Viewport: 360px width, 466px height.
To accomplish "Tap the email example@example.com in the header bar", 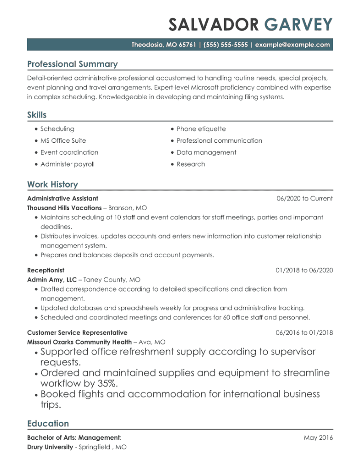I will (292, 45).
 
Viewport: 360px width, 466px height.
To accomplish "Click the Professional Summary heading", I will (72, 64).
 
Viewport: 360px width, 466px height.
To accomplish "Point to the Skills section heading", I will (37, 115).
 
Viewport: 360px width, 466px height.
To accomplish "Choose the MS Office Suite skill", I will (63, 140).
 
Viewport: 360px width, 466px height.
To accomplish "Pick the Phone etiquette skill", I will (201, 129).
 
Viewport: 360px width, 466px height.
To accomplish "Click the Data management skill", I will (206, 152).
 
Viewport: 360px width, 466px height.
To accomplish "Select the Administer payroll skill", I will (67, 164).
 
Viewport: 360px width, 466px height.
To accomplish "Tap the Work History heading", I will (52, 185).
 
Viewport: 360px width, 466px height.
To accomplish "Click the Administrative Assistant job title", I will (62, 198).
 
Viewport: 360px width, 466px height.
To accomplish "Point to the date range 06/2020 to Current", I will (304, 198).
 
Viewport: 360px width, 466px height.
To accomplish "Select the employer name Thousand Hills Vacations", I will (64, 208).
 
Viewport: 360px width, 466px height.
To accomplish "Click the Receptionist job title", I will (45, 270).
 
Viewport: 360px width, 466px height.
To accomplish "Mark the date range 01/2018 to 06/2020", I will (304, 270).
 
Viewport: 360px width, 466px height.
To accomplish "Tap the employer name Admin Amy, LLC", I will (52, 280).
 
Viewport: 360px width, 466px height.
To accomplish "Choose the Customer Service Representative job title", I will (77, 332).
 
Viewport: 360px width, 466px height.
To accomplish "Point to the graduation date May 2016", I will (318, 438).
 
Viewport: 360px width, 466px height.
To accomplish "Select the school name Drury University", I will (50, 447).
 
